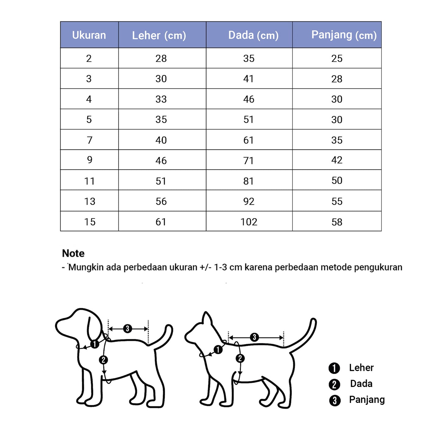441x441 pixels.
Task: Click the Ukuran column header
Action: tap(89, 35)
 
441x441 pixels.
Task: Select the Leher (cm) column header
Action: tap(159, 35)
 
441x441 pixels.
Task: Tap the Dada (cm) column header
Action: tap(253, 35)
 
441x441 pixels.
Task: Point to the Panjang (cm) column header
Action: tap(344, 35)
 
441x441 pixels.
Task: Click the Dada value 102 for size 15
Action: tap(249, 222)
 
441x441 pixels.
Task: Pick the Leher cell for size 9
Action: tap(161, 161)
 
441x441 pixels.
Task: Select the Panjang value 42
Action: tap(337, 160)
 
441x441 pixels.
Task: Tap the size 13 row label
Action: tap(90, 201)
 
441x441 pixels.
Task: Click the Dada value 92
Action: tap(249, 201)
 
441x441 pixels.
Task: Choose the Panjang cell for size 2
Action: tap(337, 58)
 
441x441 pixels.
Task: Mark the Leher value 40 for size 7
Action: tap(161, 140)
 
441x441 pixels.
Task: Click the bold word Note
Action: tap(73, 253)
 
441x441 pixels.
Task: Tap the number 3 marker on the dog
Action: tap(128, 329)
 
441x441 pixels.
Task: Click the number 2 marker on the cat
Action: tap(240, 358)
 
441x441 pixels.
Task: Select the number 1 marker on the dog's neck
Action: tap(95, 344)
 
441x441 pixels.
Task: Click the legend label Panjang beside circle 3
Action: tap(367, 399)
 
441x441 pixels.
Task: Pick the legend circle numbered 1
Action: tap(334, 368)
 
